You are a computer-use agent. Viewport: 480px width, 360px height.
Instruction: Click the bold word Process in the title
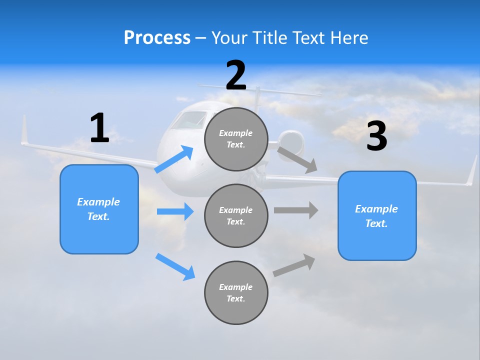click(157, 37)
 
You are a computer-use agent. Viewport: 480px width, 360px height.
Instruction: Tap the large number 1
click(99, 128)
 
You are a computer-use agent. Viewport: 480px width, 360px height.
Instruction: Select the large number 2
click(236, 75)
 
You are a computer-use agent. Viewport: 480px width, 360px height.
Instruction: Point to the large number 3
click(377, 136)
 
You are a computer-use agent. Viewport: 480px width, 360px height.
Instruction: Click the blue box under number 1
click(99, 209)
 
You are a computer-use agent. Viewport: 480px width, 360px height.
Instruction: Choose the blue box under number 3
click(377, 216)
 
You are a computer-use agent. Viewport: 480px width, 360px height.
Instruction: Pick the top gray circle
click(236, 139)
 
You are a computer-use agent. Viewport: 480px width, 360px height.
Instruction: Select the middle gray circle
click(236, 215)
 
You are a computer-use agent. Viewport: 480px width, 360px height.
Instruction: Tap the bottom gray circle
click(236, 292)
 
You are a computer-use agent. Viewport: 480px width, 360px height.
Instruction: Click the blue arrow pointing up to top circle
click(174, 159)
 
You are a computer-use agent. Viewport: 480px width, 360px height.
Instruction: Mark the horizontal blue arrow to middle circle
click(175, 211)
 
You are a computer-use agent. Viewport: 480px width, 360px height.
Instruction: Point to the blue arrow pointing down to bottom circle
click(175, 266)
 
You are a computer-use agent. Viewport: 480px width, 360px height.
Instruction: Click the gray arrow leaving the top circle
click(297, 160)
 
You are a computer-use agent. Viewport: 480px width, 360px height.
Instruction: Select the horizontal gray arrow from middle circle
click(296, 210)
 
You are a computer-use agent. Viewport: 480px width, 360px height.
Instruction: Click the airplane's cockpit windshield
click(189, 120)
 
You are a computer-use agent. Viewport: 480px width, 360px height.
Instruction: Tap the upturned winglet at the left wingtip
click(23, 130)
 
